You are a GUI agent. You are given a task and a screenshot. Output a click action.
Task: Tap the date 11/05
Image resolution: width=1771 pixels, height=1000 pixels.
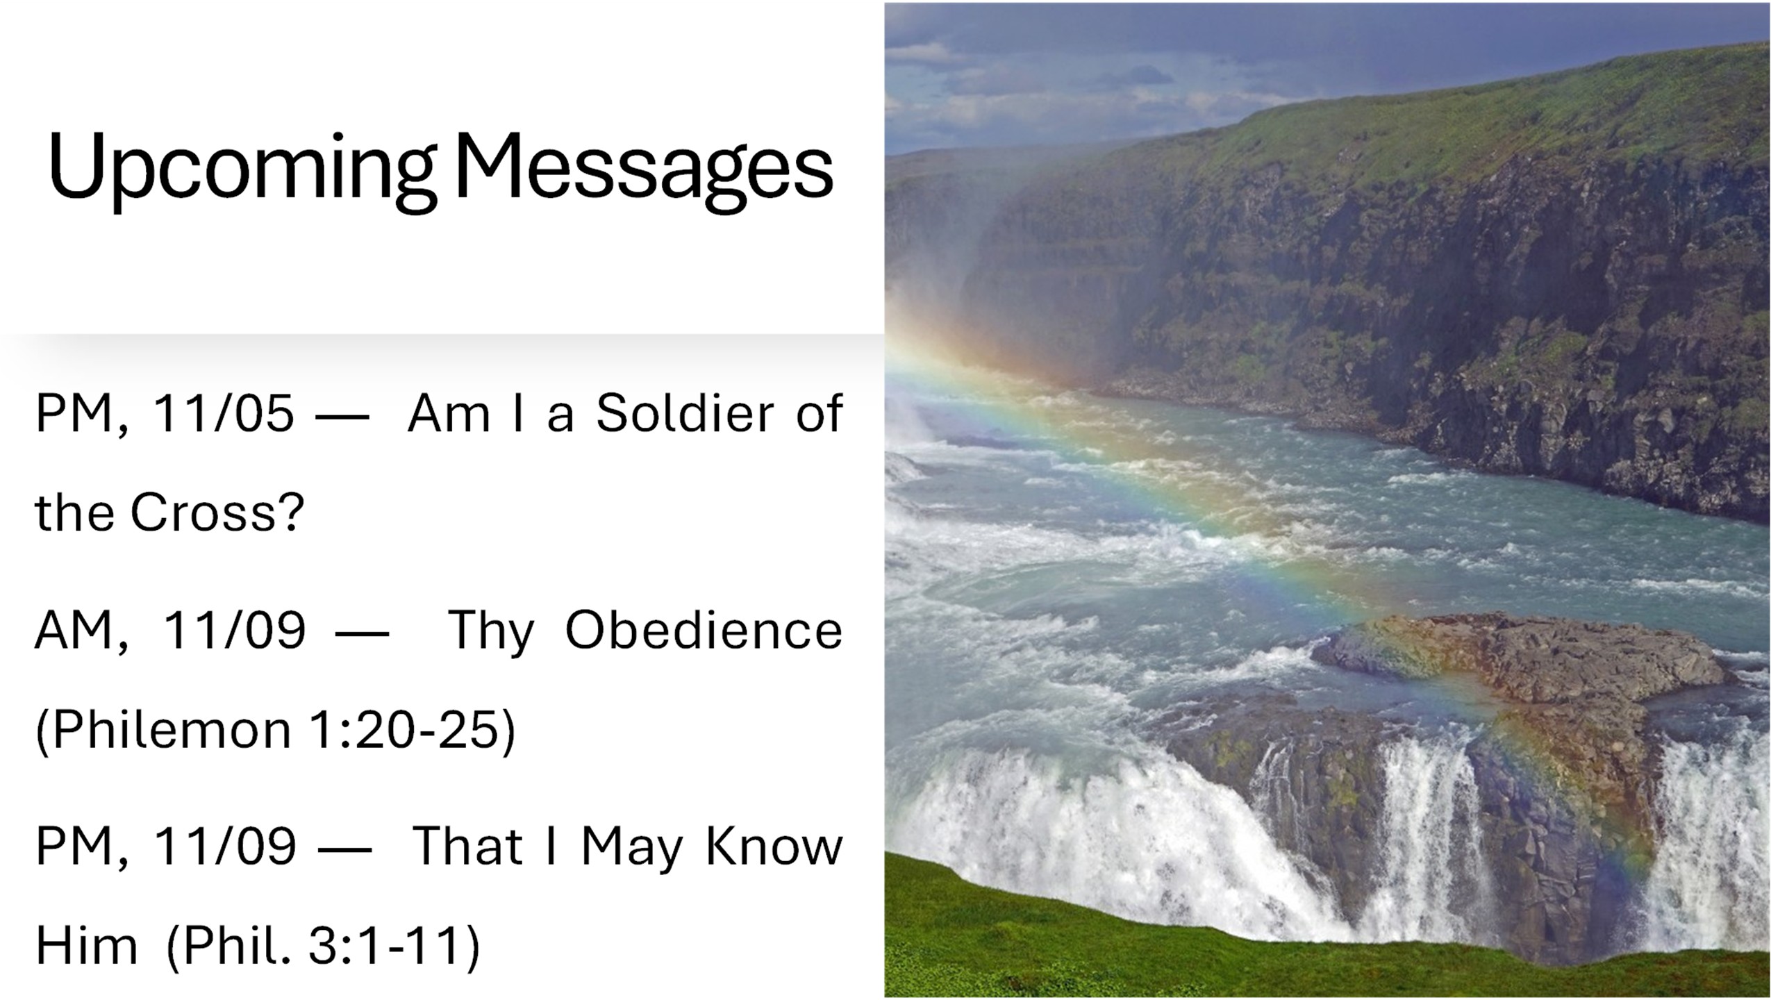pos(223,414)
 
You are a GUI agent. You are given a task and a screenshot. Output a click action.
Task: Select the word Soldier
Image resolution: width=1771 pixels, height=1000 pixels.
pos(685,413)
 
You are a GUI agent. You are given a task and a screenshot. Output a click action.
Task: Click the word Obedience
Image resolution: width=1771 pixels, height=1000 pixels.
pos(704,630)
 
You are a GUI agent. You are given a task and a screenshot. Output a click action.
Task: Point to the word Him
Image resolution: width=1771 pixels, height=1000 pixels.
pos(86,945)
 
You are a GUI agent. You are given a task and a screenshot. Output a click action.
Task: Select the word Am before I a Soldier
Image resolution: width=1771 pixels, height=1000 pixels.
pos(449,414)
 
